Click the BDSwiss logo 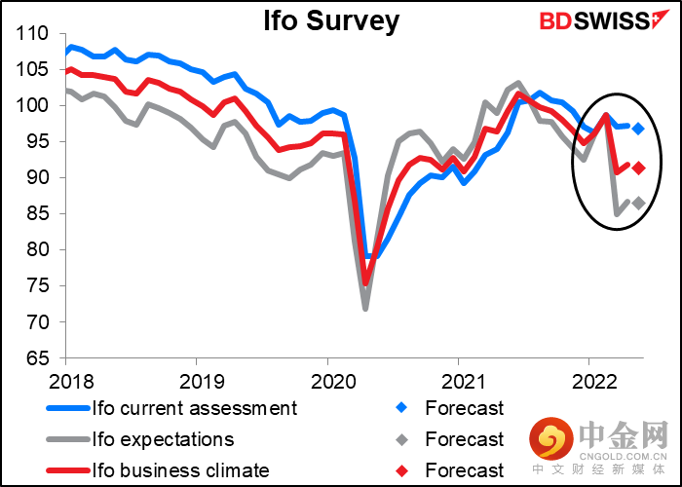click(592, 19)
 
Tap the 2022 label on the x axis click(590, 380)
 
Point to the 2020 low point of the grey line click(366, 309)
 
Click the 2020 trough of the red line click(366, 284)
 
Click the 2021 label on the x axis click(459, 380)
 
